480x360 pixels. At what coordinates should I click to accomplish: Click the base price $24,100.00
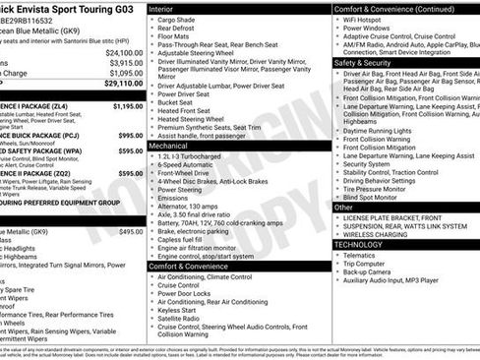(x=124, y=52)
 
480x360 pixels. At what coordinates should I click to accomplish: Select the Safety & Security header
(x=369, y=61)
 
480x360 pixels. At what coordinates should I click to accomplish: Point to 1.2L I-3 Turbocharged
(x=198, y=156)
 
